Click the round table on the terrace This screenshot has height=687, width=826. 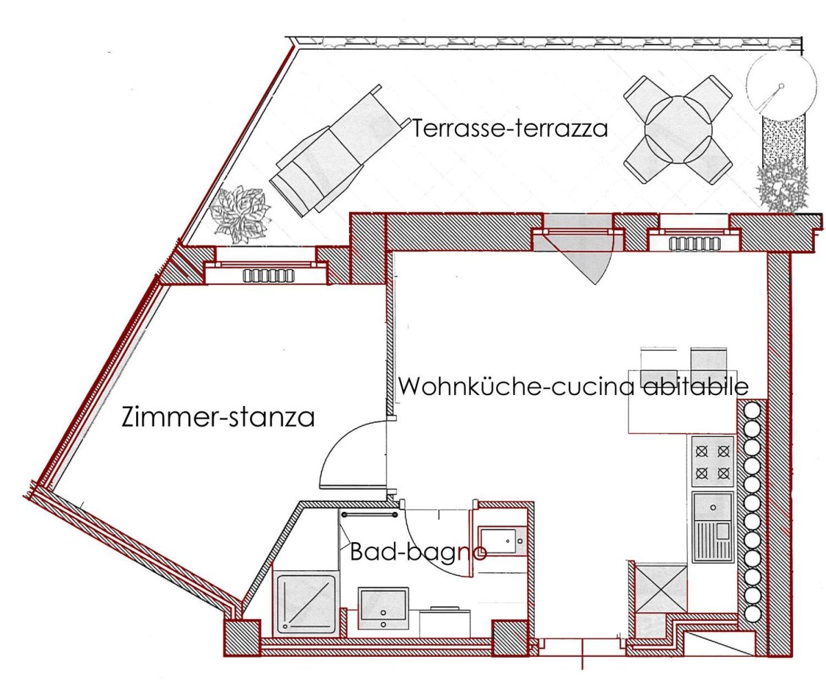click(x=678, y=129)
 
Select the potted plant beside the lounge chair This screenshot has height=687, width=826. click(x=238, y=214)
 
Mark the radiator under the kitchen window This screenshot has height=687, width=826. click(x=693, y=243)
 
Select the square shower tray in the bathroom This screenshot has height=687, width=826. click(x=306, y=602)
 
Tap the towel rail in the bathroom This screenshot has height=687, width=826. click(x=370, y=514)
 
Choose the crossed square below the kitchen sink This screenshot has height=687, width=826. click(x=660, y=587)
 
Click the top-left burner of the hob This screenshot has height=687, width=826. click(x=702, y=451)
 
